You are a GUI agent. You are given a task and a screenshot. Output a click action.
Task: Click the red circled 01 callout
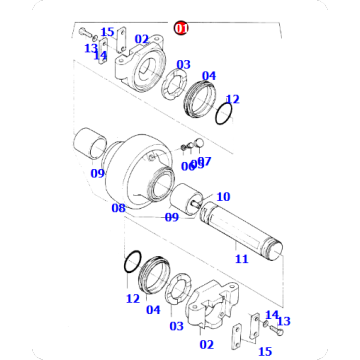click(181, 28)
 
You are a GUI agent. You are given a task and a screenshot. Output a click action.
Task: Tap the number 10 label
click(223, 197)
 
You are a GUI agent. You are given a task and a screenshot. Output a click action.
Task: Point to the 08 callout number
click(118, 208)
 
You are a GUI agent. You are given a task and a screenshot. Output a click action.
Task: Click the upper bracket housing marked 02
click(139, 67)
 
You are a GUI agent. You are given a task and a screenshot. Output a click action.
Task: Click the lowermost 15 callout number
click(264, 351)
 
